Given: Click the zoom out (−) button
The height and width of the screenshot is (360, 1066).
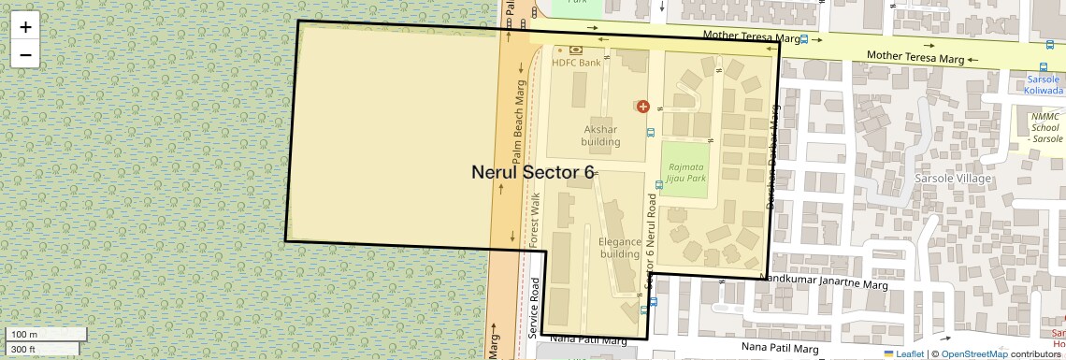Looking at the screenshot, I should tap(25, 55).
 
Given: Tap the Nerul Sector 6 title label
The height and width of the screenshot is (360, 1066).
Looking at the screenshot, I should tap(532, 172).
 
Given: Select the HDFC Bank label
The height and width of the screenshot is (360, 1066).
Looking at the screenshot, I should tap(576, 64).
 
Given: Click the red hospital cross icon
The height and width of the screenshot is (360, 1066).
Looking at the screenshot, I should tap(642, 107).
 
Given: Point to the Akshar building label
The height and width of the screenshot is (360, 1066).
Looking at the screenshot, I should tap(600, 137).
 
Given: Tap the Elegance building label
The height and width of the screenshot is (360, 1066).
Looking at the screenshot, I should tap(619, 248).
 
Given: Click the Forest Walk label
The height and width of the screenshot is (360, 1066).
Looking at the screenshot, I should tap(536, 220).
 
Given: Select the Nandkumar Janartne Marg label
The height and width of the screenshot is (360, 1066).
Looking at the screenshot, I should tap(823, 278).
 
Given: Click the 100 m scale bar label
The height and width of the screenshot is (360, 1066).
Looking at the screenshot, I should tap(24, 335).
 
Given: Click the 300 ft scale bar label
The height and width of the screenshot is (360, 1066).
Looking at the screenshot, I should tap(23, 349).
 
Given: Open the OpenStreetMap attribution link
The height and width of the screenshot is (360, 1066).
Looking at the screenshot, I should tap(973, 353).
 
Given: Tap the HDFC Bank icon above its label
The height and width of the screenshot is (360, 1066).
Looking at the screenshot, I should tap(575, 50).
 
